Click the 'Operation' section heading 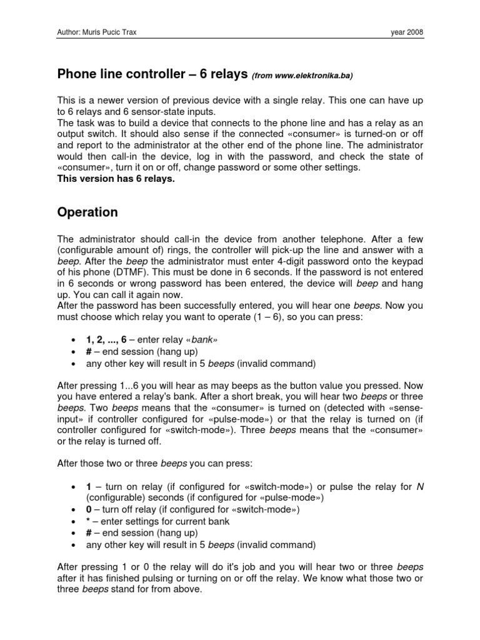coord(87,212)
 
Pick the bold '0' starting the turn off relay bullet coord(89,509)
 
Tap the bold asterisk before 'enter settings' coord(88,521)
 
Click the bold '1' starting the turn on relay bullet coord(89,486)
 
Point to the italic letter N coord(419,486)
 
